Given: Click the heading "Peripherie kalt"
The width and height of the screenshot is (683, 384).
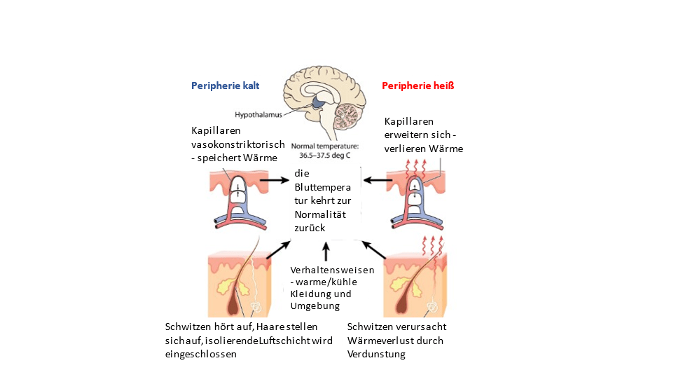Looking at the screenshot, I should [x=225, y=86].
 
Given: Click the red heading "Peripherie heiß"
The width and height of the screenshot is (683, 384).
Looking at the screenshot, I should [x=418, y=86].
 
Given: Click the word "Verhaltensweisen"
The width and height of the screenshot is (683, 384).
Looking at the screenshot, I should [x=332, y=270].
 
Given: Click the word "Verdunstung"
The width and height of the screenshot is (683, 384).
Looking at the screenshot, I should [x=377, y=354].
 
